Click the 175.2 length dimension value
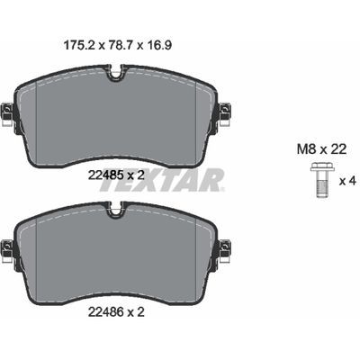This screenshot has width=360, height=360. click(x=79, y=45)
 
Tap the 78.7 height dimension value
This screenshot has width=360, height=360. click(x=120, y=45)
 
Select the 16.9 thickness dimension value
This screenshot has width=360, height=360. click(x=158, y=45)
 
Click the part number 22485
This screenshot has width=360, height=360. click(x=105, y=175)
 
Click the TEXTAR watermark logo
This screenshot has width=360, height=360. click(x=162, y=180)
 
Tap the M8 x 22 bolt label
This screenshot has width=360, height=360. click(x=321, y=149)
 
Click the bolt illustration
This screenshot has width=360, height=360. click(x=322, y=180)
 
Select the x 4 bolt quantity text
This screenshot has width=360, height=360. click(x=347, y=181)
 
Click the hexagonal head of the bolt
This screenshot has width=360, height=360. click(x=322, y=166)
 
